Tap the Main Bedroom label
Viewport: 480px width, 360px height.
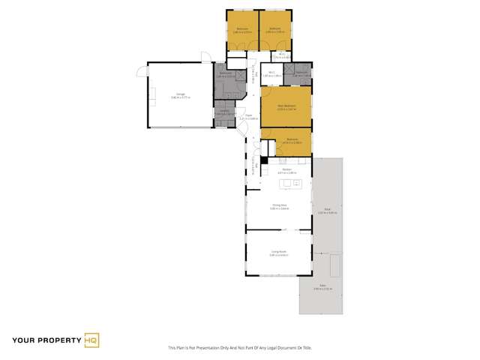[284, 106]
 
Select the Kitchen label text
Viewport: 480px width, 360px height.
[285, 172]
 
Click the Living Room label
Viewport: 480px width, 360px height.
[279, 253]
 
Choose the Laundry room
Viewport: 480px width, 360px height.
[224, 112]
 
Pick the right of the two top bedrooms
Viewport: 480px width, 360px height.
[275, 31]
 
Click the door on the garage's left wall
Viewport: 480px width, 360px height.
[139, 72]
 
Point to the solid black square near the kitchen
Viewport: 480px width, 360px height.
[264, 160]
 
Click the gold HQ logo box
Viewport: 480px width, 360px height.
[91, 340]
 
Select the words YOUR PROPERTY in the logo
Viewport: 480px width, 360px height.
[43, 340]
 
